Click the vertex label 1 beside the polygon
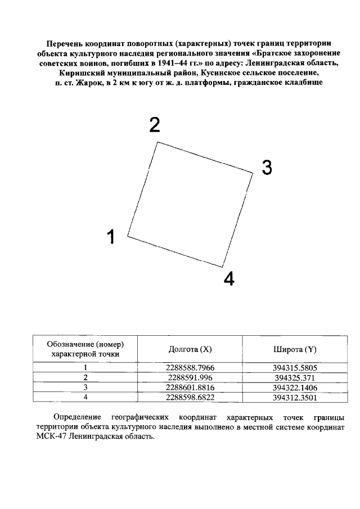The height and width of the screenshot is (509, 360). pyautogui.click(x=111, y=237)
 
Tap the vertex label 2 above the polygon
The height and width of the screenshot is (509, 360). pyautogui.click(x=154, y=125)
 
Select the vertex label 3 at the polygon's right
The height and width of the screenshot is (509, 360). pyautogui.click(x=267, y=167)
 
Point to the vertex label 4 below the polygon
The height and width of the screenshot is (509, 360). pyautogui.click(x=229, y=278)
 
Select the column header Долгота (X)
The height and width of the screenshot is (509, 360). pyautogui.click(x=190, y=349)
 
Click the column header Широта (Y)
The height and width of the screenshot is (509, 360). pyautogui.click(x=295, y=349)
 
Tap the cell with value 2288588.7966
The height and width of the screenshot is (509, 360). pyautogui.click(x=191, y=367)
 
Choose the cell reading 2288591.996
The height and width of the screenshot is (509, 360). pyautogui.click(x=191, y=377)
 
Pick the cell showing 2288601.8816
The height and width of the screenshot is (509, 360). pyautogui.click(x=191, y=387)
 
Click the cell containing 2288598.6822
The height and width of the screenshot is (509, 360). pyautogui.click(x=191, y=397)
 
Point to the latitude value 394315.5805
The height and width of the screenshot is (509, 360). pyautogui.click(x=295, y=367)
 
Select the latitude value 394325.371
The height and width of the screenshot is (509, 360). pyautogui.click(x=295, y=377)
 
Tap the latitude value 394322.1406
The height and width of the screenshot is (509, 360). pyautogui.click(x=295, y=387)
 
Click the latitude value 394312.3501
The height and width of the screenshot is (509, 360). pyautogui.click(x=295, y=397)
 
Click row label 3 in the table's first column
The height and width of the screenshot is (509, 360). pyautogui.click(x=85, y=387)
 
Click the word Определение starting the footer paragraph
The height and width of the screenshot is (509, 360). pyautogui.click(x=77, y=417)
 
